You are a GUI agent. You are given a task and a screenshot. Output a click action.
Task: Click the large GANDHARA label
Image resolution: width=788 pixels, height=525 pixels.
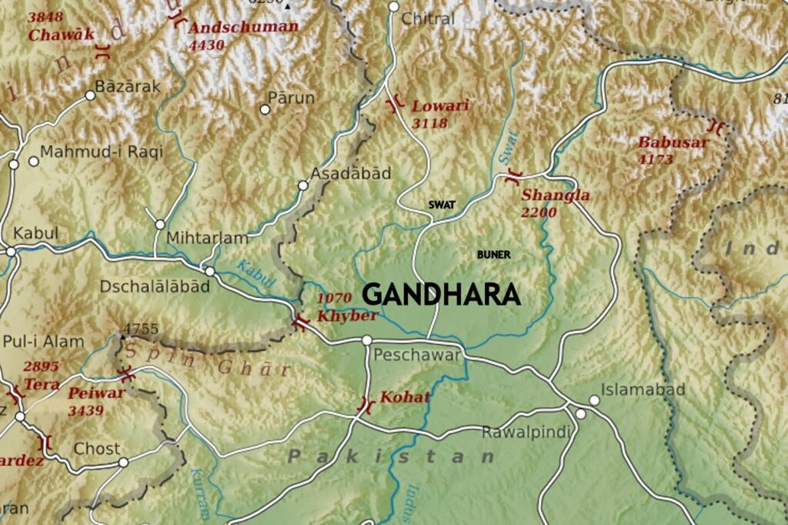click(441, 295)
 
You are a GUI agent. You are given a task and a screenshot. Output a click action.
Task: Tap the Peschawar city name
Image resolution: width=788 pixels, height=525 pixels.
click(416, 355)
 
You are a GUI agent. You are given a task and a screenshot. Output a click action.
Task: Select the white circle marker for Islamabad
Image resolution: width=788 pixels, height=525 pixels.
click(593, 400)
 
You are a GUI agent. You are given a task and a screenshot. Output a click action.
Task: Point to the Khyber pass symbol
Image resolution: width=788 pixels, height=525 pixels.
click(300, 322)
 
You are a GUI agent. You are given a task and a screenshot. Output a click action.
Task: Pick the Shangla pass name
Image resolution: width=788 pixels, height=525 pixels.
click(556, 196)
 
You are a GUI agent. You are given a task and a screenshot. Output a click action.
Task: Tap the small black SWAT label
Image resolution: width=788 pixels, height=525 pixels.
click(442, 205)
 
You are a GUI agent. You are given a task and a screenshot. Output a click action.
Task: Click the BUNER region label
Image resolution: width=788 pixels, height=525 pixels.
click(493, 254)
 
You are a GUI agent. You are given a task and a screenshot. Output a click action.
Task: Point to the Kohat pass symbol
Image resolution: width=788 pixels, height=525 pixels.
click(366, 403)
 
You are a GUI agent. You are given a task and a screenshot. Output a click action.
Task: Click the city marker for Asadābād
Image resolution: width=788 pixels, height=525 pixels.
click(303, 186)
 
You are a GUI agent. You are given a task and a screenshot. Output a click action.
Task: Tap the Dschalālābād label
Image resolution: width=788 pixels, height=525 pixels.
click(154, 286)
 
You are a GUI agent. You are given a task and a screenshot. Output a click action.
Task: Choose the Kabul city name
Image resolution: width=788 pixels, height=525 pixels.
click(31, 232)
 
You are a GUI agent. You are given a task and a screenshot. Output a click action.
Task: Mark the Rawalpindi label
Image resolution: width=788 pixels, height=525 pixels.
click(526, 433)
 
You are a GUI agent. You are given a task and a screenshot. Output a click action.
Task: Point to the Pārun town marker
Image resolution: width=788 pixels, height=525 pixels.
click(265, 109)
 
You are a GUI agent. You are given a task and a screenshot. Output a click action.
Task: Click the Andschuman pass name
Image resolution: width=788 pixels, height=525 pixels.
click(243, 27)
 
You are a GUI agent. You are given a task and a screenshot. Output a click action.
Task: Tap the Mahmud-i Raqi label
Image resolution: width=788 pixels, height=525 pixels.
click(102, 152)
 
